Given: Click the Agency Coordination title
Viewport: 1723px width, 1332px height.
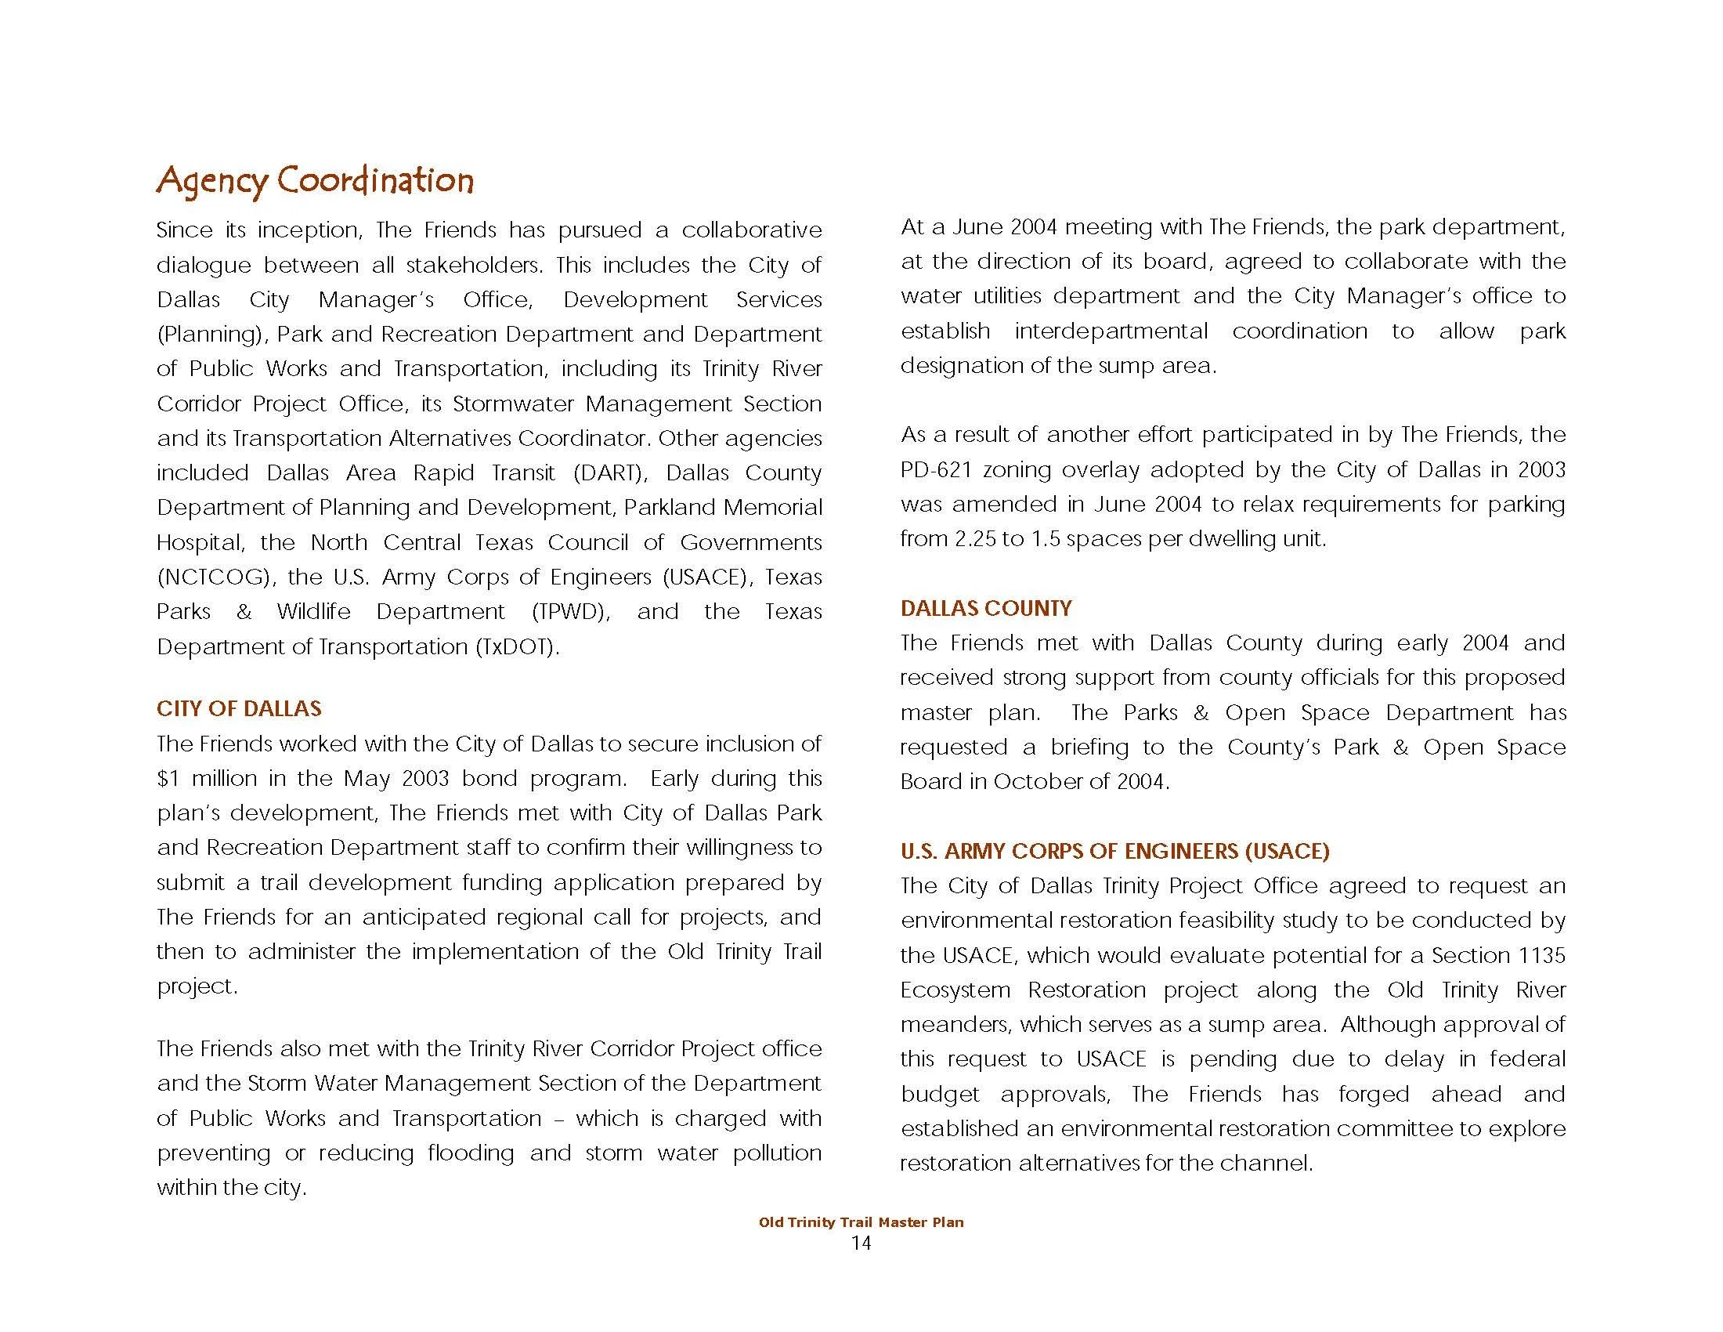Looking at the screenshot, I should tap(315, 181).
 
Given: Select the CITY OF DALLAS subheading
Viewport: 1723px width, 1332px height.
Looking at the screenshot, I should tap(239, 708).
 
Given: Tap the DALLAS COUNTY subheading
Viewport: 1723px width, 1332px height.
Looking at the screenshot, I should tap(985, 607).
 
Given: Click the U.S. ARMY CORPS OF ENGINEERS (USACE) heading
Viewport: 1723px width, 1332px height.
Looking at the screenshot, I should tap(1114, 851).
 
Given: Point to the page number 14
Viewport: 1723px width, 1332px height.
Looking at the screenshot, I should tap(861, 1243).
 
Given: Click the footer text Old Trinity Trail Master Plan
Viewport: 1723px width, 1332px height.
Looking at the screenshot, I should tap(861, 1222).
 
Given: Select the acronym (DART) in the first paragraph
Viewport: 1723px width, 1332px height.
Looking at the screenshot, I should tap(610, 472).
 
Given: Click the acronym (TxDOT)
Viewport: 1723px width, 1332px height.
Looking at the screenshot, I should tap(517, 646).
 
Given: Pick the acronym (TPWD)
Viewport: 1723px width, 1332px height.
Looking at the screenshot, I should tap(570, 612).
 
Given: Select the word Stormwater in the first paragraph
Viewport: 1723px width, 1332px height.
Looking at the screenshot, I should tap(513, 404).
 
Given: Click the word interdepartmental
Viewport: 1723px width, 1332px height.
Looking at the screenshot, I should tap(1111, 331).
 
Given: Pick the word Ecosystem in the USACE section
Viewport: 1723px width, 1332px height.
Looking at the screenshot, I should tap(955, 990).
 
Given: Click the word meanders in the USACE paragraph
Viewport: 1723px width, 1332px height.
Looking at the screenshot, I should tap(955, 1024).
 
